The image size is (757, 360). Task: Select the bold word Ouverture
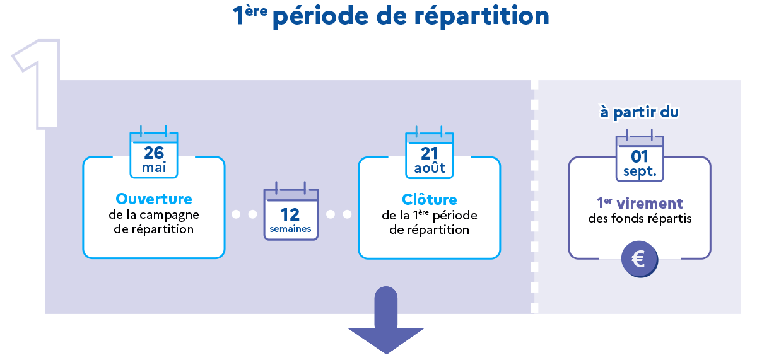(154, 199)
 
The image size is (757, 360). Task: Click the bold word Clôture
(430, 200)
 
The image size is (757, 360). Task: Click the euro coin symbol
(639, 259)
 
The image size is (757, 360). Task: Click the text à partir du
(640, 112)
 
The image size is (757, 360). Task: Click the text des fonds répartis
(640, 219)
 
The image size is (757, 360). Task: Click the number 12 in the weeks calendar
(290, 214)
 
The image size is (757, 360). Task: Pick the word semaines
(290, 229)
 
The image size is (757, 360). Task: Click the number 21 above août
(430, 153)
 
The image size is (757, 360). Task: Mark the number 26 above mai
(154, 153)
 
